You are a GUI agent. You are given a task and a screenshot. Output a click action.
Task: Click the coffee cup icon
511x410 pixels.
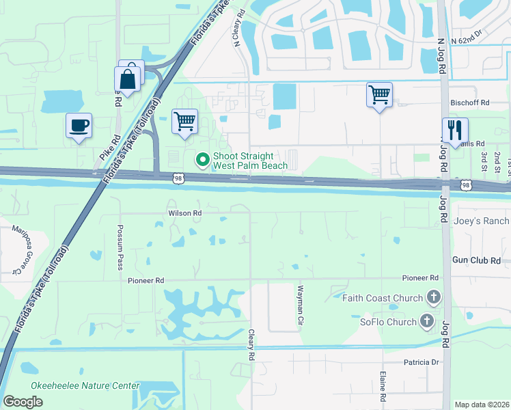pos(79,126)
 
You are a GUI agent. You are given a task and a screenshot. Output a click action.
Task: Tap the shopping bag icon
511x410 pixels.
pos(128,78)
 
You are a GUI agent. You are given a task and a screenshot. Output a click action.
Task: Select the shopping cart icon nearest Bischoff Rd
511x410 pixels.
pos(379,94)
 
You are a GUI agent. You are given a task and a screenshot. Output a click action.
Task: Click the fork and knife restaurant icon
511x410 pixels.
pos(454,129)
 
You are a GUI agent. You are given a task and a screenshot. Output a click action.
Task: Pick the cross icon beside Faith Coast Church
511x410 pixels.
pos(432,297)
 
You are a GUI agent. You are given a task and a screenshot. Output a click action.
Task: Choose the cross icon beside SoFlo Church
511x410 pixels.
pos(427,321)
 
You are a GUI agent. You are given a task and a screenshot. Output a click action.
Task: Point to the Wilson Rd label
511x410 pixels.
pos(185,213)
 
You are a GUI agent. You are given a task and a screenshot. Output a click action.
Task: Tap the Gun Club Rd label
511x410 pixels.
pos(476,260)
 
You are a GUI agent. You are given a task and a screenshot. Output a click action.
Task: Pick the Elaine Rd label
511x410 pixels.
pos(383,387)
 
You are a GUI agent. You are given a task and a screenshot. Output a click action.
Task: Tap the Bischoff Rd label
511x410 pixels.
pos(470,102)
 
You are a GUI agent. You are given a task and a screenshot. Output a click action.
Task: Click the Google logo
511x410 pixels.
pos(23,402)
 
